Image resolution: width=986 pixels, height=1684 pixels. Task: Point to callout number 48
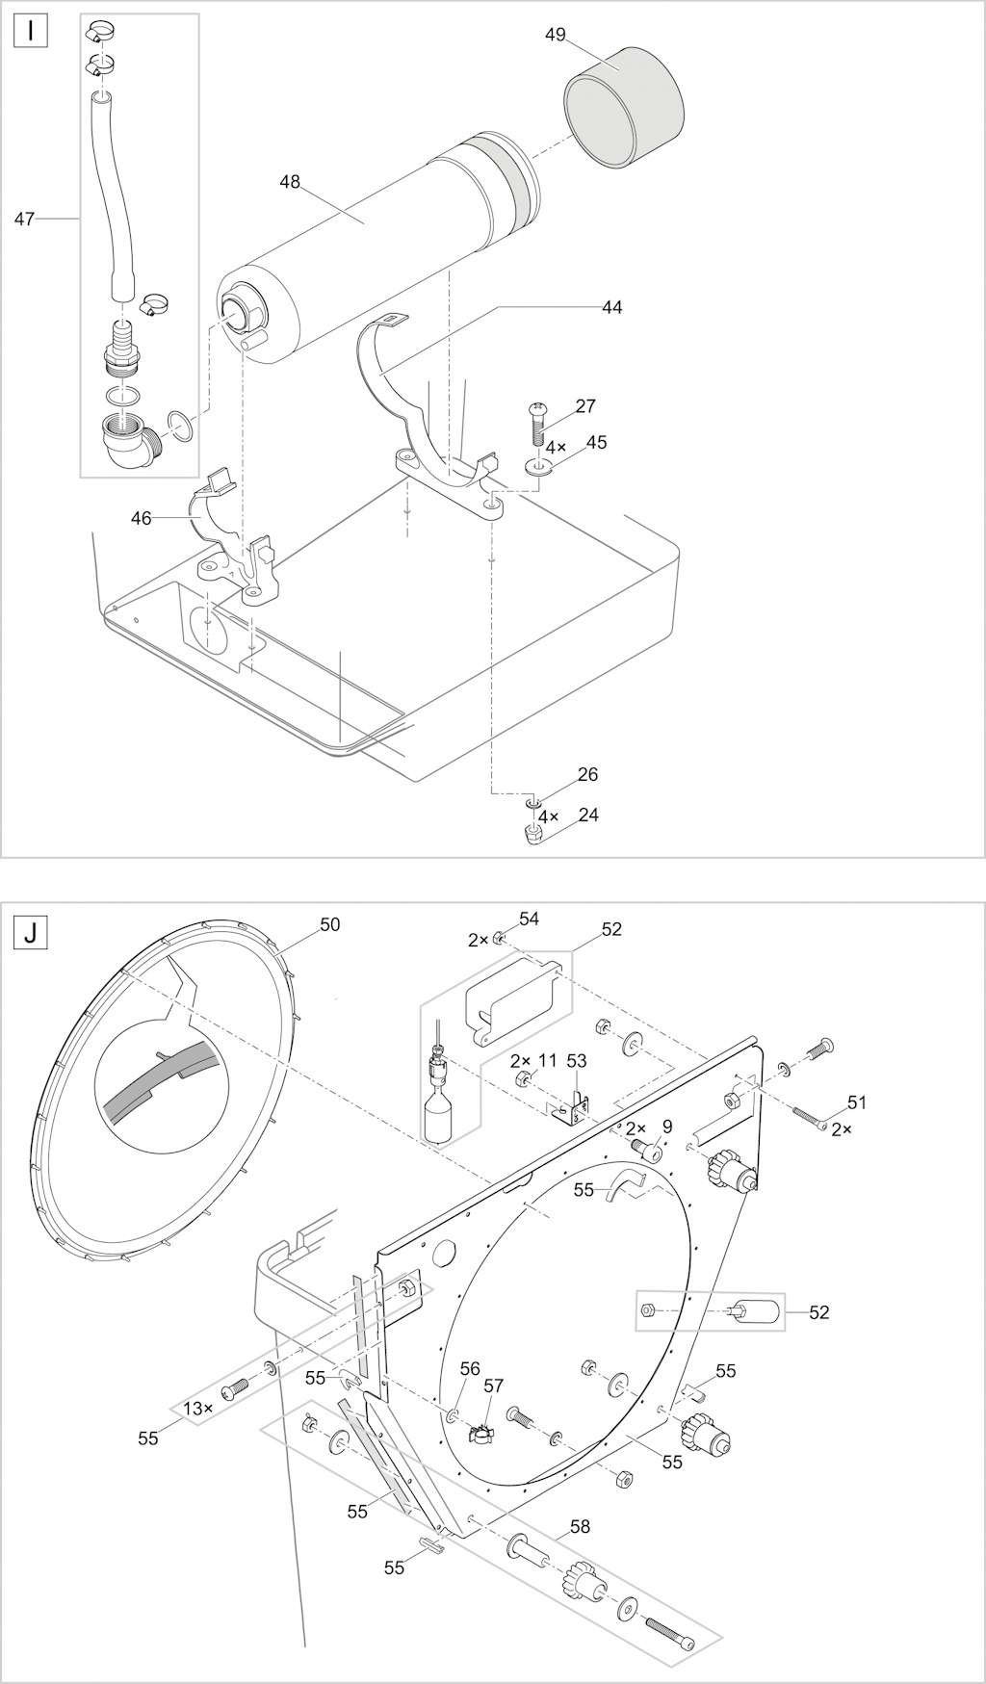click(290, 181)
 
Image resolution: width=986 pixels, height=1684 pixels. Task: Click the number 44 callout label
click(611, 307)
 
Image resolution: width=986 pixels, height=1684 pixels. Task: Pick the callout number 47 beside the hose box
click(24, 220)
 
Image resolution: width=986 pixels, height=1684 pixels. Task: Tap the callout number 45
click(596, 442)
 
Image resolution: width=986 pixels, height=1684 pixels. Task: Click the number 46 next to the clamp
click(141, 518)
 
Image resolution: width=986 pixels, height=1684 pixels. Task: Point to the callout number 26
click(587, 774)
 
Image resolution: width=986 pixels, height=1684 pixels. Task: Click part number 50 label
click(329, 924)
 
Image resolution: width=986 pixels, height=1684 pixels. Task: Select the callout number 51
click(858, 1102)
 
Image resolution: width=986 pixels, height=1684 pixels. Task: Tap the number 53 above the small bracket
click(576, 1060)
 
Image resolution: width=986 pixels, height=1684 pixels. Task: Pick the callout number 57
click(493, 1386)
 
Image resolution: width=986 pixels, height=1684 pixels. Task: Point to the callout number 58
click(580, 1526)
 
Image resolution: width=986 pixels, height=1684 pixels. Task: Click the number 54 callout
click(529, 919)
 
